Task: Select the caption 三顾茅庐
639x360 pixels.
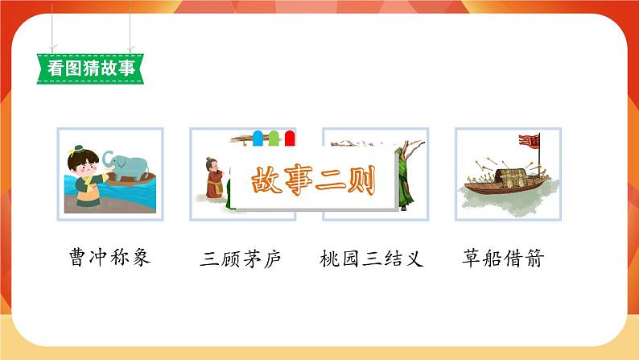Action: (x=241, y=259)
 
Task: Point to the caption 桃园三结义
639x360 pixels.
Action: (x=371, y=259)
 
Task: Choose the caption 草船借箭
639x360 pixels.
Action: (x=504, y=259)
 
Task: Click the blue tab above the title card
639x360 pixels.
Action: (x=258, y=139)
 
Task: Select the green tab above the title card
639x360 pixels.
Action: (x=274, y=139)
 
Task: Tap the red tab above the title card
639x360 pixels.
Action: (x=289, y=139)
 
